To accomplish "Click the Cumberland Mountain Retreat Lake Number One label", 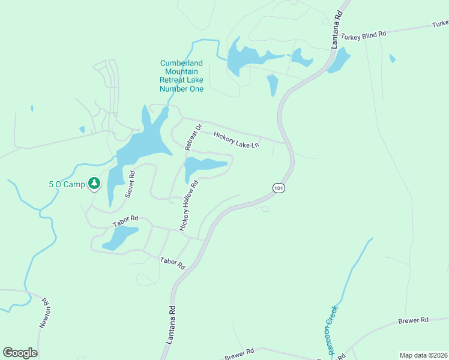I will coord(181,76).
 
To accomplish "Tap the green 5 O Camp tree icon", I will coord(94,183).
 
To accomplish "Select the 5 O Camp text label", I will coord(67,184).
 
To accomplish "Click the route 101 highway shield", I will coord(277,188).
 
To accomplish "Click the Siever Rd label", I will coord(130,184).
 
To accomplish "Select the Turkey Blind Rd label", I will coord(363,36).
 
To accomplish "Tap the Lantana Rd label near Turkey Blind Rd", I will coord(337,29).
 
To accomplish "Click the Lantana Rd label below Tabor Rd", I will coord(170,326).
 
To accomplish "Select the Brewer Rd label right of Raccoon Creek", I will coord(413,321).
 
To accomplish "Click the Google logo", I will coord(20,353).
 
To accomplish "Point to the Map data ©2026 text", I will coord(423,355).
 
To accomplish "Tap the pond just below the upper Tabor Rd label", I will coord(121,238).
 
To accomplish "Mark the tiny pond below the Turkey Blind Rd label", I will coord(392,58).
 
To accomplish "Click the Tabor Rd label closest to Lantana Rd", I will coord(172,263).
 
